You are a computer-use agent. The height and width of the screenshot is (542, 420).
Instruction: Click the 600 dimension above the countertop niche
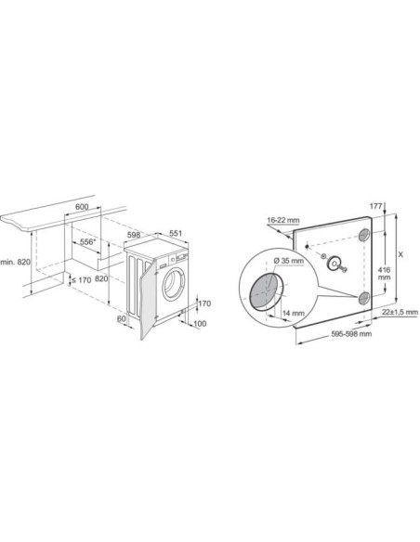(x=81, y=208)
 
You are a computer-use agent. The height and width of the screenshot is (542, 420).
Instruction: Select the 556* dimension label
(x=89, y=241)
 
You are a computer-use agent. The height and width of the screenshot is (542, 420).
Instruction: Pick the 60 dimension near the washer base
(x=120, y=319)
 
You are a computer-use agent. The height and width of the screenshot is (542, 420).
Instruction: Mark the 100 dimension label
(x=199, y=323)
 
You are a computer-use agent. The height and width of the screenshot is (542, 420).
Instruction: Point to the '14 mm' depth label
(x=293, y=315)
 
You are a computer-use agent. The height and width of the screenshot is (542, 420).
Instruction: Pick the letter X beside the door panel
(x=400, y=251)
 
